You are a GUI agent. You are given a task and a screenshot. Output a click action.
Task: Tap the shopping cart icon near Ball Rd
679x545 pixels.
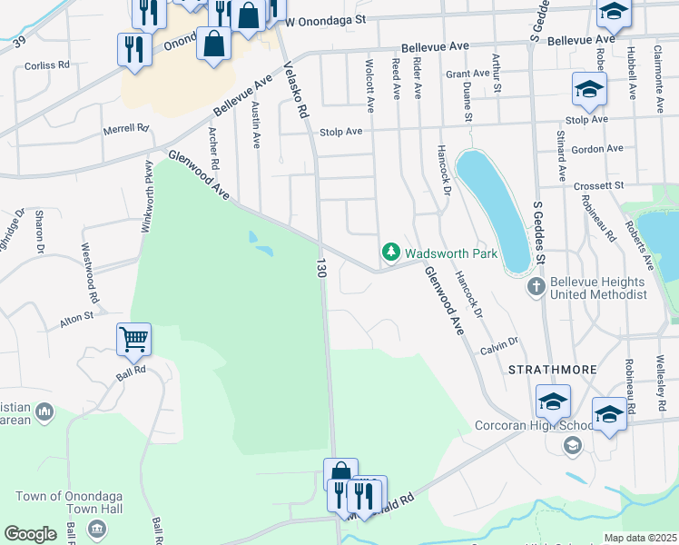click(133, 340)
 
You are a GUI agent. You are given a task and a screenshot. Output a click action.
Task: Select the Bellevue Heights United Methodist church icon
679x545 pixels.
click(536, 287)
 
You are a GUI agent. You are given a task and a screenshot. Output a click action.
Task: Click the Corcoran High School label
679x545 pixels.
click(522, 424)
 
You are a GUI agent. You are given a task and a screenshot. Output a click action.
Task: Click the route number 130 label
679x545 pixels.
click(320, 268)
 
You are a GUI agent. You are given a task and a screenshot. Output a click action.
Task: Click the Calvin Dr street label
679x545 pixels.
click(499, 343)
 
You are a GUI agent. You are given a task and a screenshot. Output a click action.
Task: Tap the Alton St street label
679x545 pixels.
click(76, 317)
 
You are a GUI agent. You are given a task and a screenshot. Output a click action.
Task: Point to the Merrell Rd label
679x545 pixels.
click(125, 129)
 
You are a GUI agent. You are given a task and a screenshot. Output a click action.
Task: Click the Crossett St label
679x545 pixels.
click(600, 185)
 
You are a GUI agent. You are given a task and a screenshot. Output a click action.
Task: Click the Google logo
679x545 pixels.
click(31, 534)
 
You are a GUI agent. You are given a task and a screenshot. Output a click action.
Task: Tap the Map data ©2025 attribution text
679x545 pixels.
click(641, 538)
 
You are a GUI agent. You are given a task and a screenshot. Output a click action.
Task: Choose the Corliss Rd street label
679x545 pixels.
click(47, 65)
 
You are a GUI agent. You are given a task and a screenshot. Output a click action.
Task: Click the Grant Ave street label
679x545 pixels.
click(468, 74)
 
